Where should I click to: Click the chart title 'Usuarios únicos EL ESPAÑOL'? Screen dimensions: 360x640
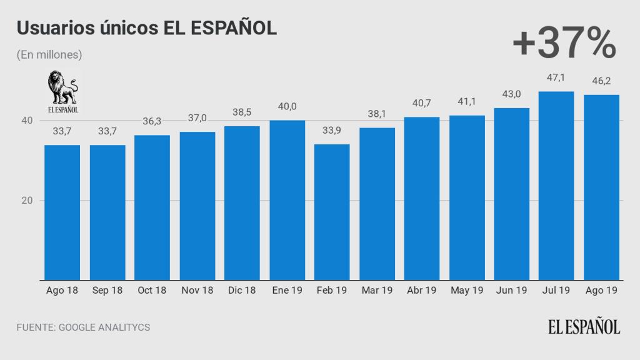(x=147, y=29)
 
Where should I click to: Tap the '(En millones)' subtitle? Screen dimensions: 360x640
(x=50, y=55)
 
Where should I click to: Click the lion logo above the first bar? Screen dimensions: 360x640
(x=62, y=92)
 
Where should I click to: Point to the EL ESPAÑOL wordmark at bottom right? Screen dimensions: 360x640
(x=584, y=327)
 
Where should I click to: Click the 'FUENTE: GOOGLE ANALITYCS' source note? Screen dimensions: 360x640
(x=83, y=327)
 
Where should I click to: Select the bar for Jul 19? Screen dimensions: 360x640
(x=556, y=186)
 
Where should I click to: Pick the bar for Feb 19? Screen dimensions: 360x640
(x=332, y=212)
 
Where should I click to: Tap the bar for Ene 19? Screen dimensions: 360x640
(x=287, y=200)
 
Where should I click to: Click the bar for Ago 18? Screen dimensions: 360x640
(x=62, y=212)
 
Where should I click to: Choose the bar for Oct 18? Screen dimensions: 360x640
(x=152, y=207)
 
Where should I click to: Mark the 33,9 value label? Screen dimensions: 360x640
(x=332, y=131)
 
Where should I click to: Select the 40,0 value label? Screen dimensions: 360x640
(x=287, y=107)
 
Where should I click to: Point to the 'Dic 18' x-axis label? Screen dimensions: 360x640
(x=242, y=291)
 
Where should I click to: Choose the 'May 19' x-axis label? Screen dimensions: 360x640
(x=467, y=291)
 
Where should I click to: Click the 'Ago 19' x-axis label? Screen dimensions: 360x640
(x=601, y=291)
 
